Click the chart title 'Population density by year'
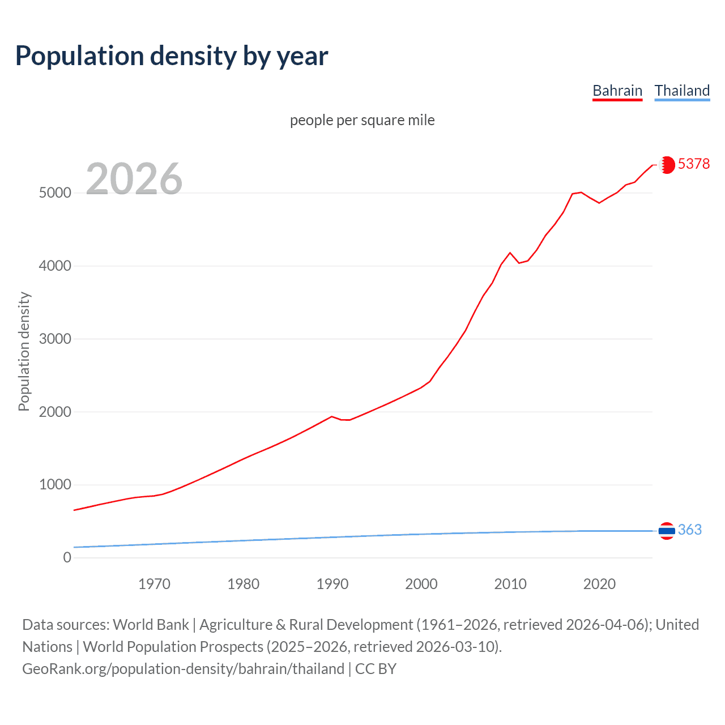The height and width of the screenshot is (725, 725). (172, 56)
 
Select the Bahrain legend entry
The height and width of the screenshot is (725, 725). (617, 91)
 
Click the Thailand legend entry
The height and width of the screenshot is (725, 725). (682, 91)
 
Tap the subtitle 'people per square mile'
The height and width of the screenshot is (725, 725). (362, 120)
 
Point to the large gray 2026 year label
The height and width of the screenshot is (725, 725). (134, 179)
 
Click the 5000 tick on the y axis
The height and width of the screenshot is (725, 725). (55, 193)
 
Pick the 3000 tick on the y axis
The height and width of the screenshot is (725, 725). (55, 339)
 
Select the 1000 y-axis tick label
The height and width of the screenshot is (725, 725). (55, 485)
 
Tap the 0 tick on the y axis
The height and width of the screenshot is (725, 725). (67, 557)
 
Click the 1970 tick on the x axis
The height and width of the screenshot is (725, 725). (154, 583)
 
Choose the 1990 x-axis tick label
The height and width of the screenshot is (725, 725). (332, 583)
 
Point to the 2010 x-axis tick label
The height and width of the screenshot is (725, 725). (510, 583)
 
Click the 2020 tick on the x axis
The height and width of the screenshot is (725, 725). (599, 583)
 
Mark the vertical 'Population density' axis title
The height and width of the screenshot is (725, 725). (24, 351)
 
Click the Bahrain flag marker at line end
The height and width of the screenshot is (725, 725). (667, 165)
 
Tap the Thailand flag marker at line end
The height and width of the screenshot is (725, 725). (667, 531)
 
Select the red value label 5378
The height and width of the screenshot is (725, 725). (693, 164)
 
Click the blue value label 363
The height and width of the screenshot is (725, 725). (689, 530)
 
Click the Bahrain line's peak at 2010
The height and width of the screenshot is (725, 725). (510, 253)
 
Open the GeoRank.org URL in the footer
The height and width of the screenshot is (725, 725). (183, 668)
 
